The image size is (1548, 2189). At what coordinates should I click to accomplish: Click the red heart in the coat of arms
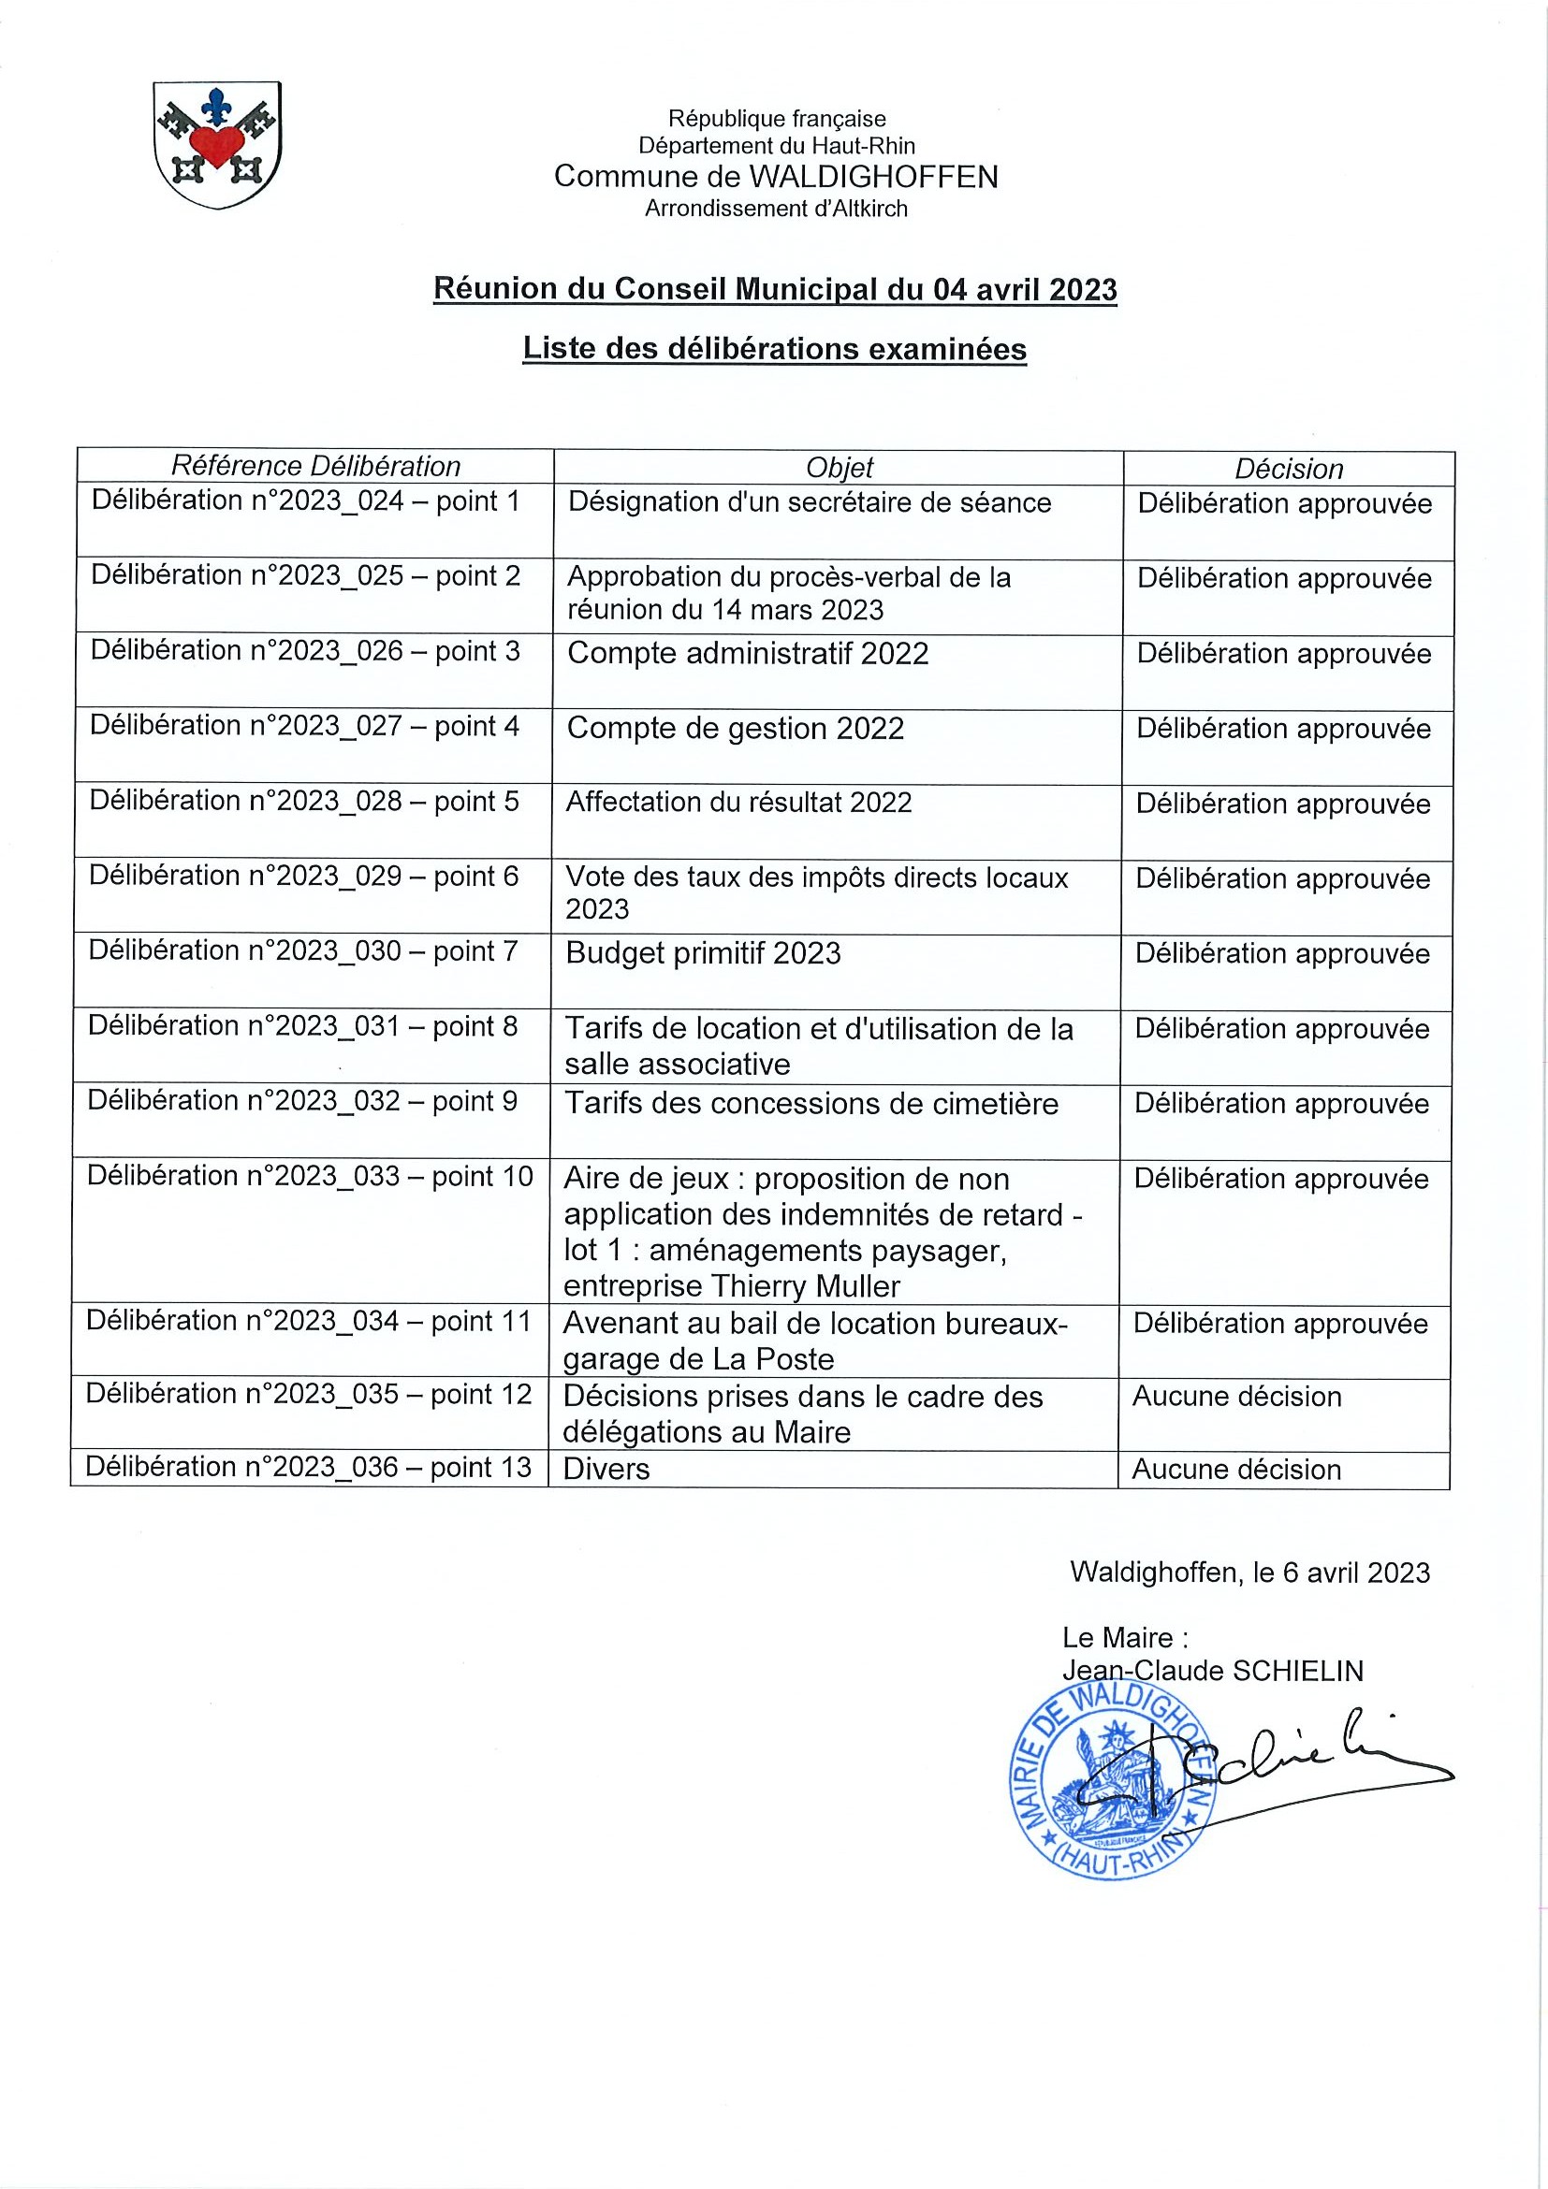[217, 146]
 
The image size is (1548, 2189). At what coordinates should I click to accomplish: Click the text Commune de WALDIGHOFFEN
[776, 177]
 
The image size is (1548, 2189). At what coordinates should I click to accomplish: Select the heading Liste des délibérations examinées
[775, 349]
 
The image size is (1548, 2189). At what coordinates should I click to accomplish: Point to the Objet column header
[839, 467]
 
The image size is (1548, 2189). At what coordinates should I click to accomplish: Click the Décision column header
[1289, 468]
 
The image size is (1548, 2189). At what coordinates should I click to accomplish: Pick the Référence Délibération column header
[314, 465]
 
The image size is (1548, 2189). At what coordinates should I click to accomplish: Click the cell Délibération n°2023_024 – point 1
[306, 500]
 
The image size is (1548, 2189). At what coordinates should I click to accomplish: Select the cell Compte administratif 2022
[748, 653]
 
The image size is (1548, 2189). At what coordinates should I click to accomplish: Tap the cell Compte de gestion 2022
[736, 729]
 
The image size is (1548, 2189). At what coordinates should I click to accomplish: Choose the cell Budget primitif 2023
[703, 953]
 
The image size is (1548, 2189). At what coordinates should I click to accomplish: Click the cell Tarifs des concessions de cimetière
[811, 1103]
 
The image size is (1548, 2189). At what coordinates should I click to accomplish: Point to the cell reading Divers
[606, 1469]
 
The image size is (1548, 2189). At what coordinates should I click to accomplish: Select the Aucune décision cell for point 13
[1236, 1470]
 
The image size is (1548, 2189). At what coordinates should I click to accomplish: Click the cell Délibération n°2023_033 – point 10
[310, 1176]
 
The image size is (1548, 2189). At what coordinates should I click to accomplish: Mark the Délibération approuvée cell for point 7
[1282, 953]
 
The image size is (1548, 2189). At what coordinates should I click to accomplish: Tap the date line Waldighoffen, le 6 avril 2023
[1249, 1573]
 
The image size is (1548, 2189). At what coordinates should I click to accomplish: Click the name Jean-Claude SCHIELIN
[1212, 1671]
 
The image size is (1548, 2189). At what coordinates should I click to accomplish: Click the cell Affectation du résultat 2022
[739, 802]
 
